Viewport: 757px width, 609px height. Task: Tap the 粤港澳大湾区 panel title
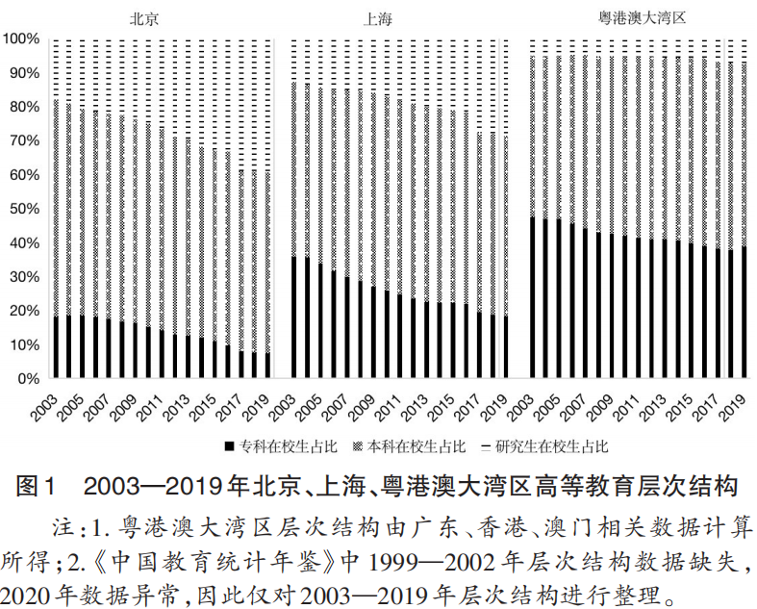tap(640, 17)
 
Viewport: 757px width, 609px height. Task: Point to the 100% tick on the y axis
tap(21, 39)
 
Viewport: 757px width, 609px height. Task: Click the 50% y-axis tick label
tap(24, 209)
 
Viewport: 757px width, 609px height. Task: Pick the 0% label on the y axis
tap(29, 379)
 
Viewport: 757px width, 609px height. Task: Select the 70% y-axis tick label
tap(24, 141)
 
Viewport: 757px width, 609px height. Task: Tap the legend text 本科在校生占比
tap(427, 446)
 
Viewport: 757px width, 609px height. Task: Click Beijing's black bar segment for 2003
tap(56, 347)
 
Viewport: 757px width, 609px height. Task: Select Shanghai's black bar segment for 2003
tap(294, 317)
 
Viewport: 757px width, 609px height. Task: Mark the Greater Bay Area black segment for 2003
tap(532, 297)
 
